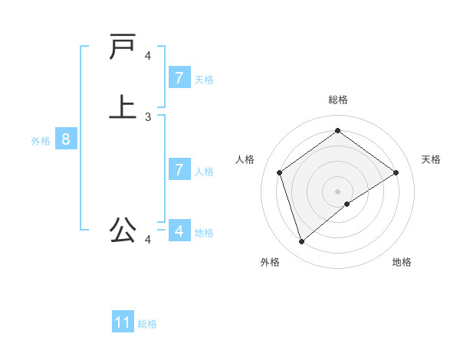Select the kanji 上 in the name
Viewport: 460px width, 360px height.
[x=123, y=106]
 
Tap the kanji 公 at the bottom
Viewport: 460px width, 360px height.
[x=123, y=229]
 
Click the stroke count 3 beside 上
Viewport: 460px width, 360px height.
[x=148, y=117]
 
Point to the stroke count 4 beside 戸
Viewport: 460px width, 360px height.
[x=148, y=56]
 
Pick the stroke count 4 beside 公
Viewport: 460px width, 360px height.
[x=148, y=241]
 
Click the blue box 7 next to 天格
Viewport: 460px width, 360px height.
[x=179, y=77]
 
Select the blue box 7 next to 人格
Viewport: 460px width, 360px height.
[x=179, y=169]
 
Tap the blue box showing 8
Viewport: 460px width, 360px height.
[x=66, y=139]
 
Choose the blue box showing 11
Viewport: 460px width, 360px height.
[x=123, y=322]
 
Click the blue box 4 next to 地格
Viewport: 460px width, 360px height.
[x=179, y=230]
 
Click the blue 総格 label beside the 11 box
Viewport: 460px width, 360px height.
[x=147, y=324]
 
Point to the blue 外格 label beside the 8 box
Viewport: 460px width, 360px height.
[x=41, y=141]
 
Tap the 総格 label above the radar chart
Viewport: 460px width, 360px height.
[x=338, y=100]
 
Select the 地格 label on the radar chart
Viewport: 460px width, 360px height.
[x=402, y=262]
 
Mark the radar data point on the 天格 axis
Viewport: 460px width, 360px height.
[x=396, y=172]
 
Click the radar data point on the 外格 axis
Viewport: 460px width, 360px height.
[x=302, y=242]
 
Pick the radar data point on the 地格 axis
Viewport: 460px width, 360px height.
[x=347, y=204]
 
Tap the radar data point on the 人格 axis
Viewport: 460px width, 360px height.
[x=280, y=172]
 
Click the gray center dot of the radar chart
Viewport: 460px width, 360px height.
[x=338, y=191]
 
